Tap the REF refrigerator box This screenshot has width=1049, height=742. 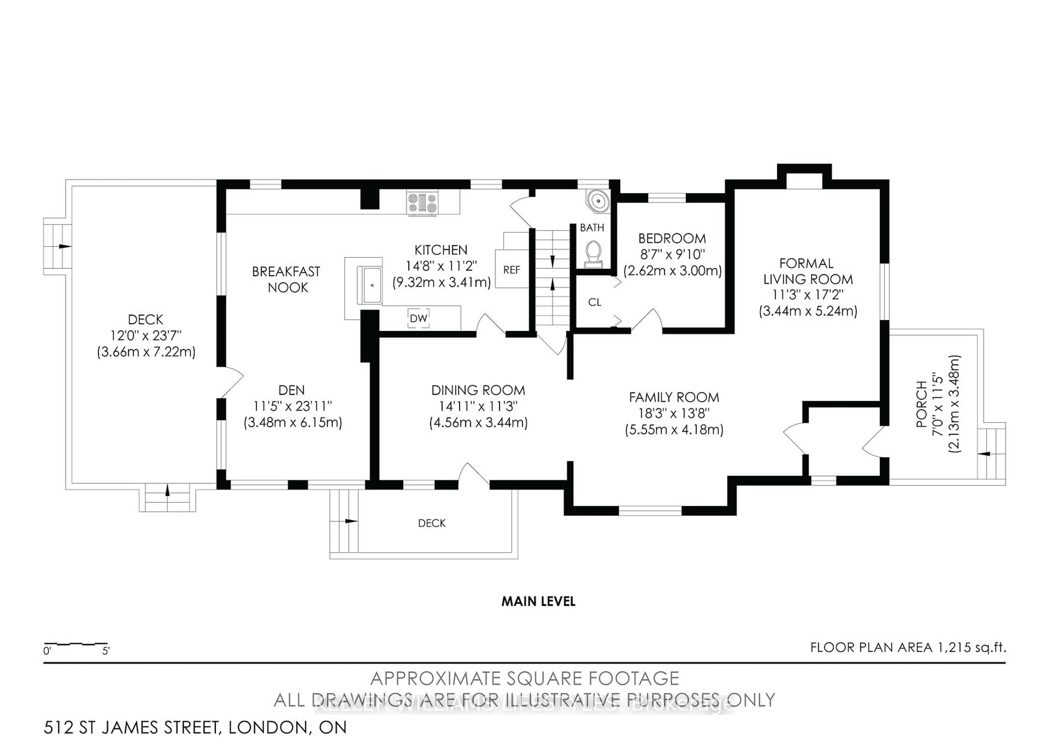click(511, 270)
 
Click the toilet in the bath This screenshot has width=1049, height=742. click(593, 254)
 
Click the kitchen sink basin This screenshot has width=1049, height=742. click(372, 285)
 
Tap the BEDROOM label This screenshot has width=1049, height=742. click(672, 238)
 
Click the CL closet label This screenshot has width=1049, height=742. click(594, 302)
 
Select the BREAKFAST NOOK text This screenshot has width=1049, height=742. click(287, 279)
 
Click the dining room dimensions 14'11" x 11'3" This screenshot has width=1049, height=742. click(478, 406)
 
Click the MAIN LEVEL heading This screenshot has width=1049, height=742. click(538, 601)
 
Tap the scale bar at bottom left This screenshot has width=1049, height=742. click(76, 644)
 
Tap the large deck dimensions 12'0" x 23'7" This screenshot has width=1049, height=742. click(146, 335)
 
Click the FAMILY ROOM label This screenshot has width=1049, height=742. click(674, 397)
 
